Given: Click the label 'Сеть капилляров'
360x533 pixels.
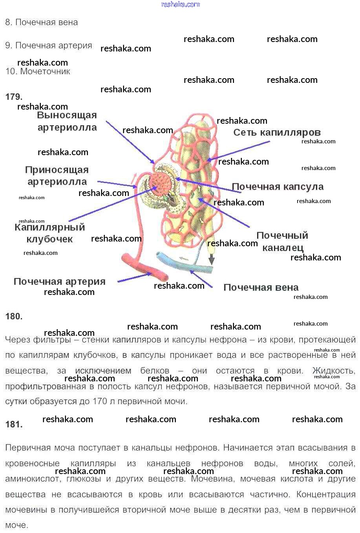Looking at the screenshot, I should (277, 133).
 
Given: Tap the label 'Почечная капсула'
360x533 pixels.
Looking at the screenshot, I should (278, 187).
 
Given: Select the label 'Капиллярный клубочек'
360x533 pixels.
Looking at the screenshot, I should (50, 233).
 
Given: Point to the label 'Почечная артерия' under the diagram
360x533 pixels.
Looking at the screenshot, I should (60, 282).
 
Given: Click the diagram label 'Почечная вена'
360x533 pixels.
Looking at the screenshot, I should (261, 288).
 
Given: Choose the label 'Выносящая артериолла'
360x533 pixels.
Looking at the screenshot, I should (67, 121).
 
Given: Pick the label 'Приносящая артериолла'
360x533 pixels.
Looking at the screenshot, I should (57, 176).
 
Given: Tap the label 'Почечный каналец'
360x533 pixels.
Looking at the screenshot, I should (282, 242).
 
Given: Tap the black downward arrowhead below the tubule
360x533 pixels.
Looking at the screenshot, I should (212, 260).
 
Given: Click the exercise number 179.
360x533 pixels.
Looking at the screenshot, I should (14, 97).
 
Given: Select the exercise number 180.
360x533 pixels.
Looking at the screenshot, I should (14, 316).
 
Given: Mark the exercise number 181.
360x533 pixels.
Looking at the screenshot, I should (14, 424).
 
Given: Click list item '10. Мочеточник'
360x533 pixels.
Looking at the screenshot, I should (38, 71).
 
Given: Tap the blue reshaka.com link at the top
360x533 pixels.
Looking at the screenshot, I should (180, 4).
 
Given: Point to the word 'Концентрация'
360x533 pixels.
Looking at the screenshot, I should (326, 494).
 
